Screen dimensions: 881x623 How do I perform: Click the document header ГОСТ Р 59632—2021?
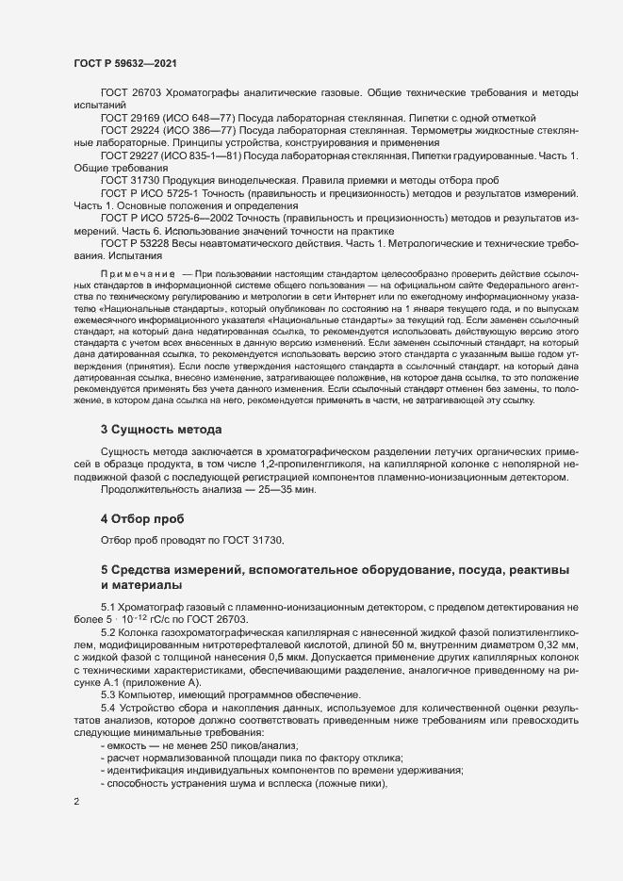point(123,62)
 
